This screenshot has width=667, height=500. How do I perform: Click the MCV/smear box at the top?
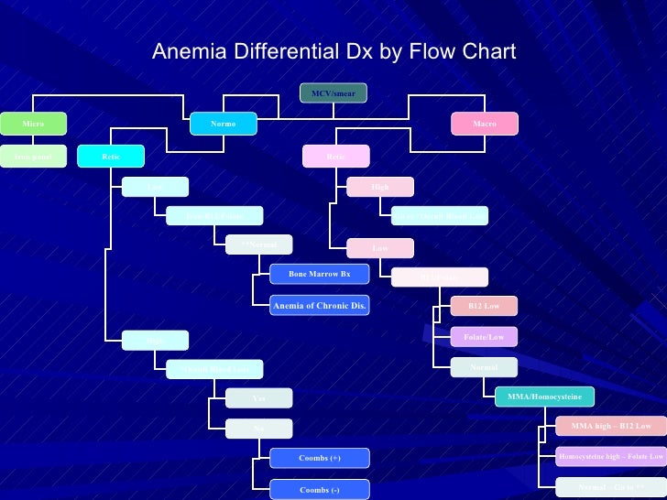(333, 93)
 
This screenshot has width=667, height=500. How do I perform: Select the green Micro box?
(34, 123)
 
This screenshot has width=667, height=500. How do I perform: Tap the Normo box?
(224, 123)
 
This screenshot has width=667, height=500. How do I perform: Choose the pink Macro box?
(485, 123)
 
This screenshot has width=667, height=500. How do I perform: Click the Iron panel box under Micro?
(34, 157)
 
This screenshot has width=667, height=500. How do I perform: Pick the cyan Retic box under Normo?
(110, 157)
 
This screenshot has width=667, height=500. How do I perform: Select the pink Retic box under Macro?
(336, 157)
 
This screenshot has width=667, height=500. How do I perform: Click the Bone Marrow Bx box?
(319, 274)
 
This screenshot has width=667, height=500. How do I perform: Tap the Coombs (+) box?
(319, 457)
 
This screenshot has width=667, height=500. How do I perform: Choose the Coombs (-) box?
(319, 490)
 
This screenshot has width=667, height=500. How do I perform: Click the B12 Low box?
(485, 306)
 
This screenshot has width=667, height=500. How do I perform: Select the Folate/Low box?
(485, 337)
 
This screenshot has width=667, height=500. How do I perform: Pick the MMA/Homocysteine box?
(544, 397)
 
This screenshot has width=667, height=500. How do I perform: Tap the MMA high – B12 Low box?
(610, 426)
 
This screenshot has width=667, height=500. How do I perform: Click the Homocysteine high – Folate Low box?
(610, 455)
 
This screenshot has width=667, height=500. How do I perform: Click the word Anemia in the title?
(183, 51)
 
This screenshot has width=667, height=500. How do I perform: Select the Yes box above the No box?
(259, 398)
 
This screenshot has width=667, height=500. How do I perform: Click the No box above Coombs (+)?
(259, 428)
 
